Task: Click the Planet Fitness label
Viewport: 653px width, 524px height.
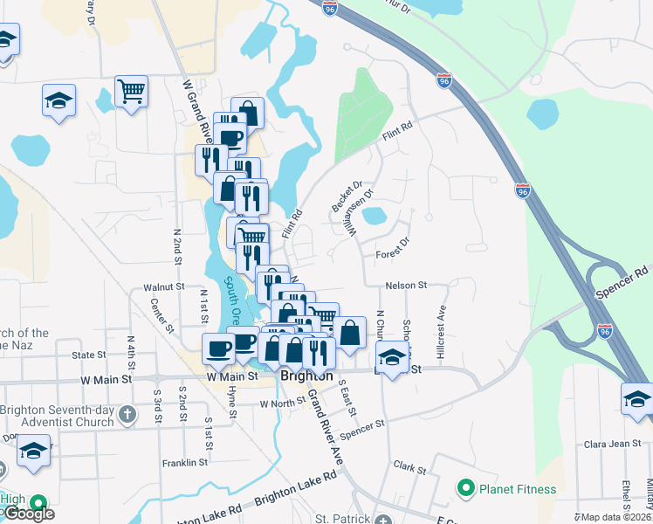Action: click(512, 487)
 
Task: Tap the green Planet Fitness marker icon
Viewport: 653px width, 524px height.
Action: click(466, 487)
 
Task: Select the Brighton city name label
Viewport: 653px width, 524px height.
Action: click(307, 376)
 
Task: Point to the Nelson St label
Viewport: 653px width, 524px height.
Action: click(407, 286)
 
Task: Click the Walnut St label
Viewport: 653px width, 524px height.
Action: click(165, 286)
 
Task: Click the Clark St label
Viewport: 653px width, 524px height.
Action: click(409, 468)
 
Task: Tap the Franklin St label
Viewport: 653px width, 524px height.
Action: click(185, 462)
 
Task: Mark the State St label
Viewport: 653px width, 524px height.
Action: click(88, 355)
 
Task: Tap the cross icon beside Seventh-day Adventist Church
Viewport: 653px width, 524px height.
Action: click(127, 412)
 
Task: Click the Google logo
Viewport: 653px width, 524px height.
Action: click(28, 514)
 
